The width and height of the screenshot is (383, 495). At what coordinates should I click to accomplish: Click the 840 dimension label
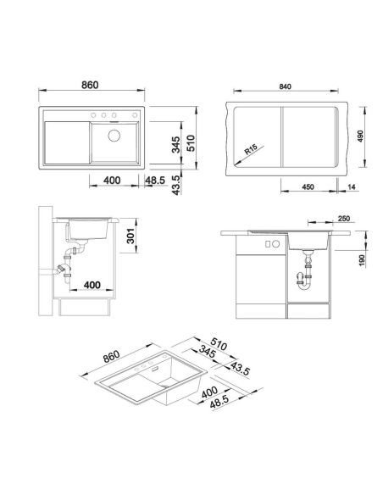(x=285, y=86)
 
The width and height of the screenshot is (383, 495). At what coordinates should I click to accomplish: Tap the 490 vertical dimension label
(x=361, y=136)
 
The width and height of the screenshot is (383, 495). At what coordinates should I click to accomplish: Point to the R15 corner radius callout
(x=251, y=149)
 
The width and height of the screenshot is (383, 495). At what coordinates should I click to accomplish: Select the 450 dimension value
(x=308, y=186)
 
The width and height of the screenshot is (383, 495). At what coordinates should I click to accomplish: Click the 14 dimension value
(x=352, y=186)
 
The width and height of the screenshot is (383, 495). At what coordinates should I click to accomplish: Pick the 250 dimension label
(x=343, y=219)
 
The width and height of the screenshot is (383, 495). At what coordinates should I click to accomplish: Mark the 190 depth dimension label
(x=362, y=261)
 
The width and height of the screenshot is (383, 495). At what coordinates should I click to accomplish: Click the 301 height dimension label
(x=130, y=236)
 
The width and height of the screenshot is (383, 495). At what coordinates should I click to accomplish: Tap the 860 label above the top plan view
(x=90, y=85)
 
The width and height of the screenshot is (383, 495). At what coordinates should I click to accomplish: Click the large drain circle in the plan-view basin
(x=114, y=136)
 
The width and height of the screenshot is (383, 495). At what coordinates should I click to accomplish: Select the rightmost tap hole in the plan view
(x=135, y=115)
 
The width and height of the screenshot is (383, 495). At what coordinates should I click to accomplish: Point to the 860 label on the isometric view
(x=111, y=356)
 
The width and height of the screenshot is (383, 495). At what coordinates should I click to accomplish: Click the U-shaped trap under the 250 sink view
(x=304, y=282)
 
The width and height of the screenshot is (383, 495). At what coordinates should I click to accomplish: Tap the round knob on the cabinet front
(x=275, y=244)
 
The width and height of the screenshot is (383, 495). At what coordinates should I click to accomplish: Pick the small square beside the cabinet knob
(x=268, y=244)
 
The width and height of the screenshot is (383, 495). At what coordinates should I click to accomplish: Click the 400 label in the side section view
(x=92, y=285)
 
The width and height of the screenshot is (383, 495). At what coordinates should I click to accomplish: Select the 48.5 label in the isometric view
(x=219, y=402)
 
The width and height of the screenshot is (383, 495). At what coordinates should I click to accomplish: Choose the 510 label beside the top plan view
(x=191, y=143)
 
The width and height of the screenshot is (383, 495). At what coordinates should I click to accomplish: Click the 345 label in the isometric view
(x=208, y=353)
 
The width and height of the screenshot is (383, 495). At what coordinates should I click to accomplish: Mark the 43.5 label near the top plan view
(x=177, y=186)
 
